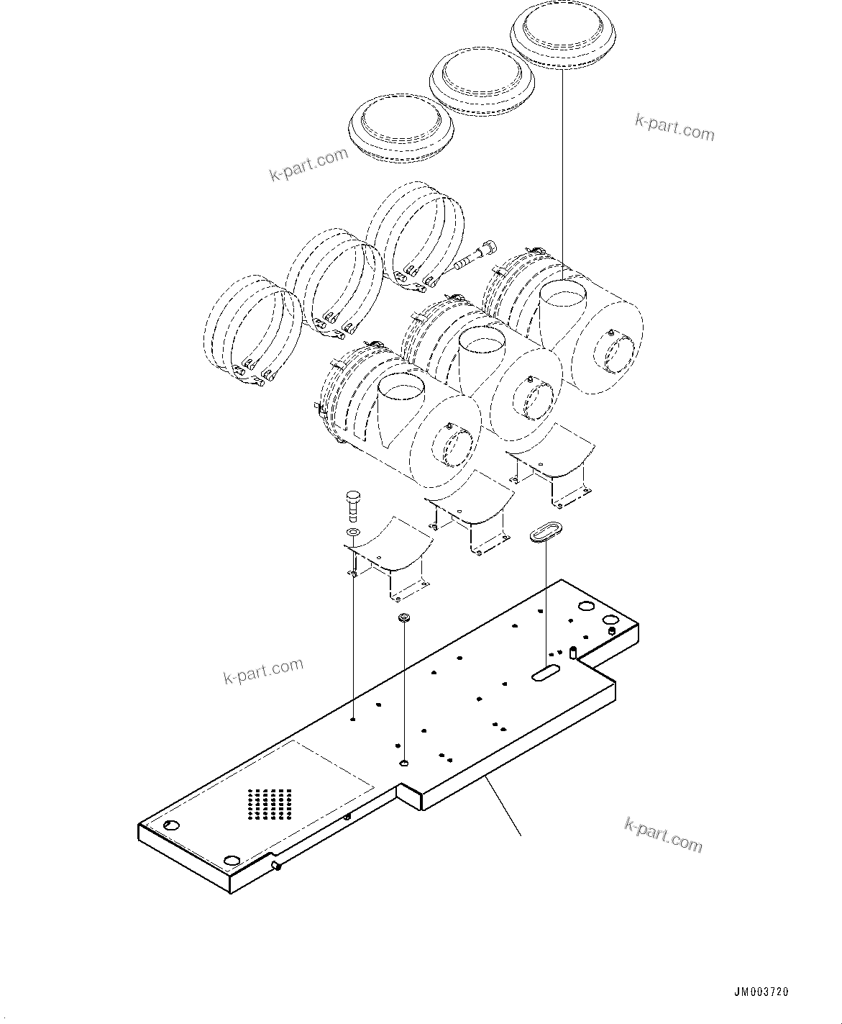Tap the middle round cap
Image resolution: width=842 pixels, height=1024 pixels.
point(479,80)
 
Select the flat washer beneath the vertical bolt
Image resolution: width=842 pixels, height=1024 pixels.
point(353,533)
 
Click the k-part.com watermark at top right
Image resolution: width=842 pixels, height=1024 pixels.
point(674,127)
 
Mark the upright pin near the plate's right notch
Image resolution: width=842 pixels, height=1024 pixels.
point(573,653)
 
